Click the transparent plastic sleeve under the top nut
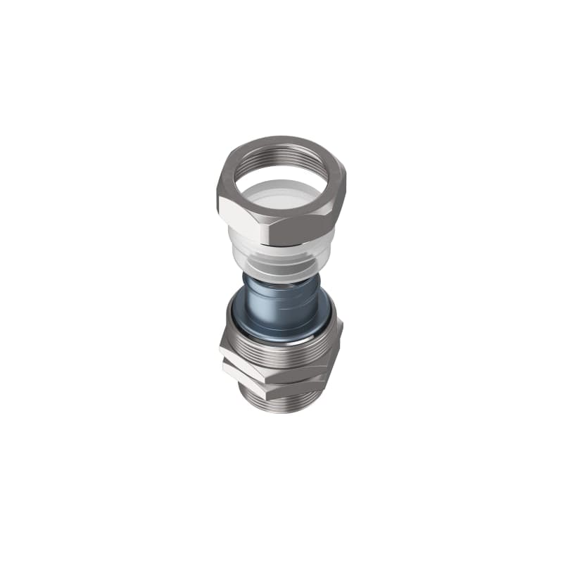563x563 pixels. pyautogui.click(x=281, y=257)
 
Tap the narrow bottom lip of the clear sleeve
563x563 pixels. pyautogui.click(x=281, y=276)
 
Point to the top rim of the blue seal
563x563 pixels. pyautogui.click(x=281, y=281)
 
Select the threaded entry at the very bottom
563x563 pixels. pyautogui.click(x=281, y=405)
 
